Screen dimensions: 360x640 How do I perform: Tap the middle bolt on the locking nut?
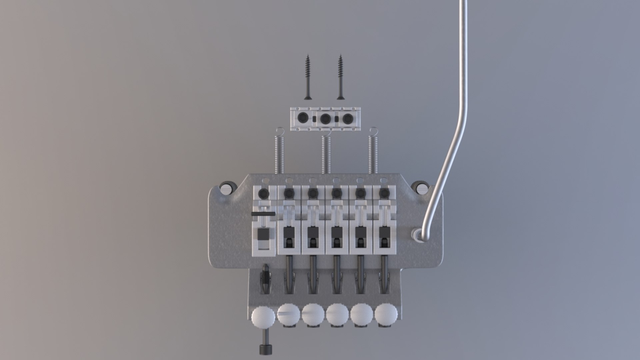click(325, 118)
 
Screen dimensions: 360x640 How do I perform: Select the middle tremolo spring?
click(326, 153)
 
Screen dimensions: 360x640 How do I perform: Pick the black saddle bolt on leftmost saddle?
click(263, 193)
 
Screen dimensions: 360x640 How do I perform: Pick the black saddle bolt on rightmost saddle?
click(384, 193)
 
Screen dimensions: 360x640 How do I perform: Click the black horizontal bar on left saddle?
click(263, 213)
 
